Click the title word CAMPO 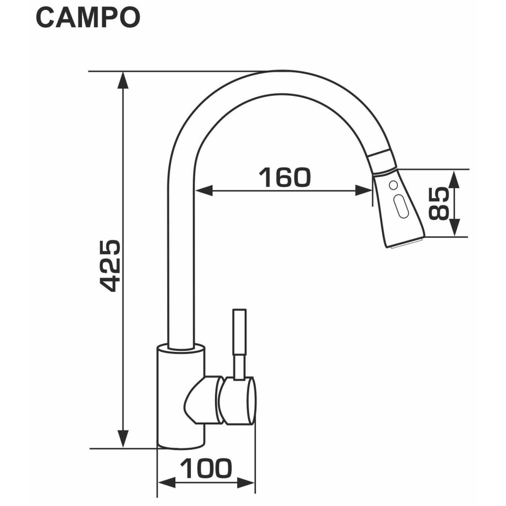click(88, 18)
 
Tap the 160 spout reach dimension click(285, 178)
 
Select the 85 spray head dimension click(438, 204)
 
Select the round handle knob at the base click(239, 400)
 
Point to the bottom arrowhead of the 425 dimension click(123, 439)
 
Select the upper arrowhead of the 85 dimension click(455, 179)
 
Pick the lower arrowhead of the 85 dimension click(455, 228)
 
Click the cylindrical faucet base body click(180, 395)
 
